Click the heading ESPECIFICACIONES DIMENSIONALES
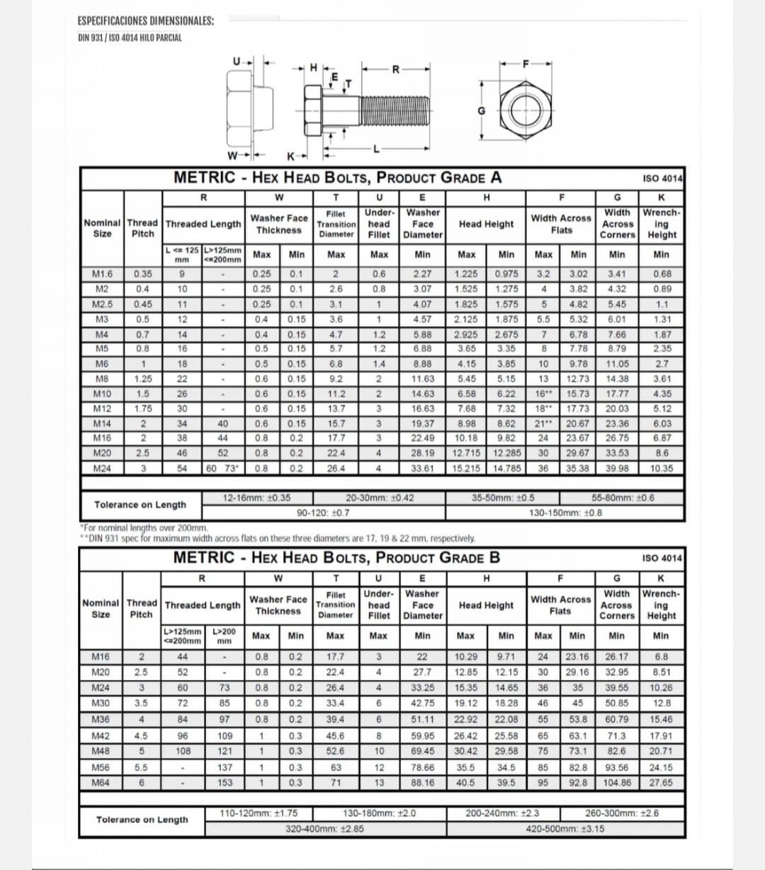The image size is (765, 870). point(146,21)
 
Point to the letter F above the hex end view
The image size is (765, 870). point(525,64)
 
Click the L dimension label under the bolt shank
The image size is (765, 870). point(377,149)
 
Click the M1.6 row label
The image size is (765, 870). point(103,274)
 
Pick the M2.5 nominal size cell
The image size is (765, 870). point(103,304)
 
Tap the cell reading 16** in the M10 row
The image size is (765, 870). point(543,394)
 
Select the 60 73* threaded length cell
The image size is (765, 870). point(222,468)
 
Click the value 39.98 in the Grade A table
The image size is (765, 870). point(617,468)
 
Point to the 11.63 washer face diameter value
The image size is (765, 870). point(422,379)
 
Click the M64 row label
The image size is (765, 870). point(101,783)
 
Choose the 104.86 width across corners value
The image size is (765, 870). point(617,783)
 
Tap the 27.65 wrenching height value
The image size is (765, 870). point(661,783)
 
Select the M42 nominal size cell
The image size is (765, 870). point(101,735)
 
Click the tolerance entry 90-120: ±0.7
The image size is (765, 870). point(322,513)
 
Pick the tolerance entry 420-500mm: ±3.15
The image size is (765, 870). point(565,828)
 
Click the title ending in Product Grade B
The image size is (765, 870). point(336,557)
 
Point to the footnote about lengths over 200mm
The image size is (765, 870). point(144,528)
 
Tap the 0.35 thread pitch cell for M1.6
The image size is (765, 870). point(142,274)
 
